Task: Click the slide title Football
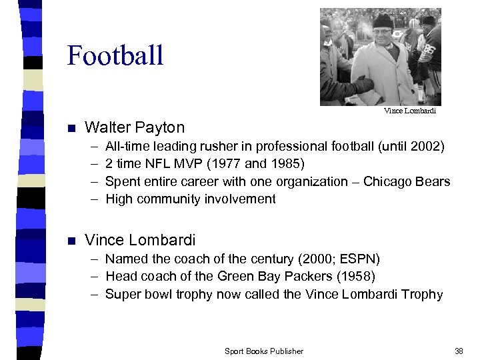tap(115, 55)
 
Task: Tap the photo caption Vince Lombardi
tap(409, 111)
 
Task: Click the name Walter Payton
tap(135, 127)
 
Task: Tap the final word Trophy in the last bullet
tap(423, 294)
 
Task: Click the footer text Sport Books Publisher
tap(264, 351)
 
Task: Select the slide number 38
tap(459, 351)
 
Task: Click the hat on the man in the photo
tap(383, 21)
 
